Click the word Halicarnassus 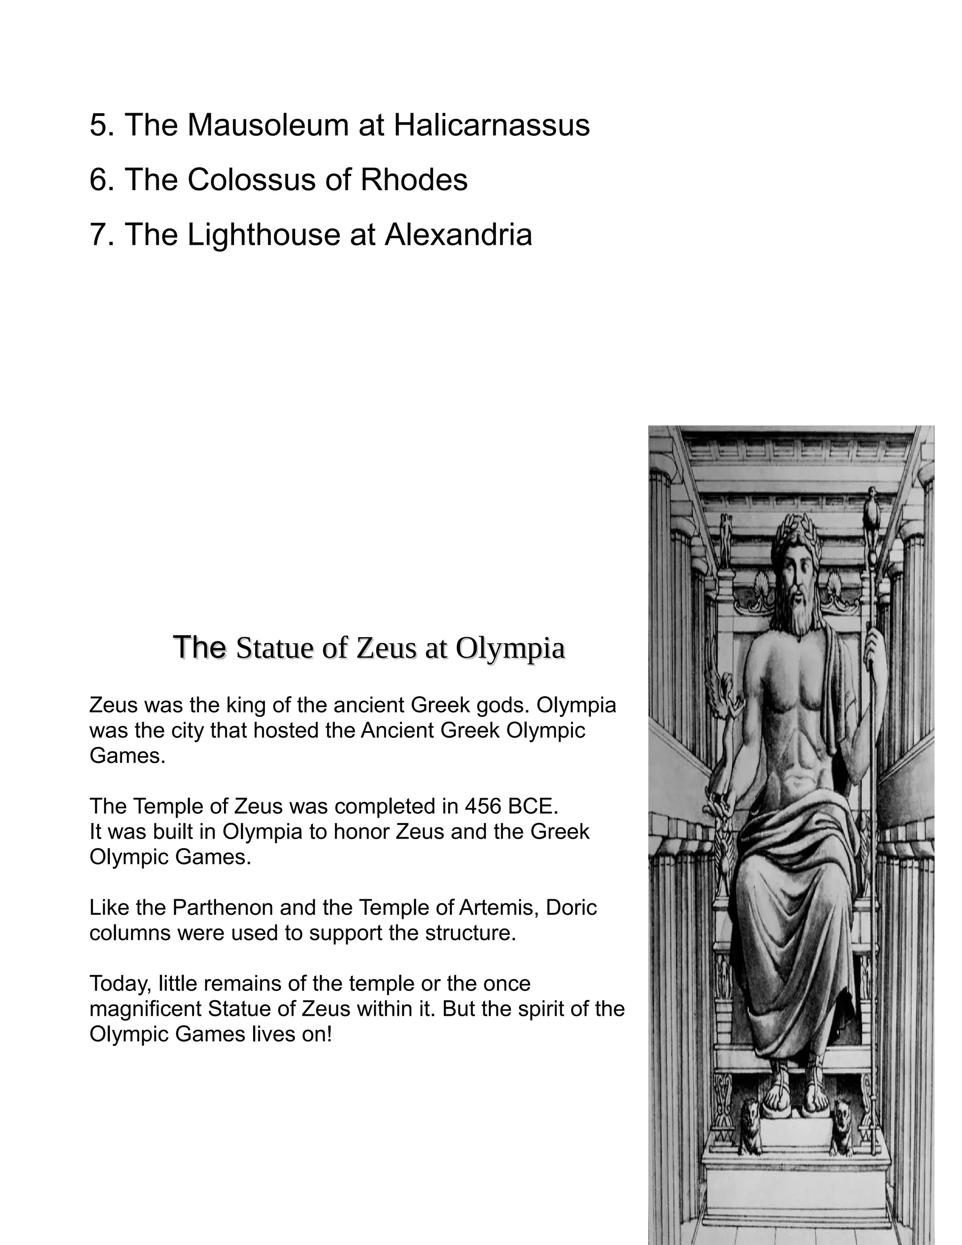click(x=491, y=125)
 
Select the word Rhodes click(x=414, y=179)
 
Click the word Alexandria click(x=458, y=234)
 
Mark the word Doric click(x=571, y=907)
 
